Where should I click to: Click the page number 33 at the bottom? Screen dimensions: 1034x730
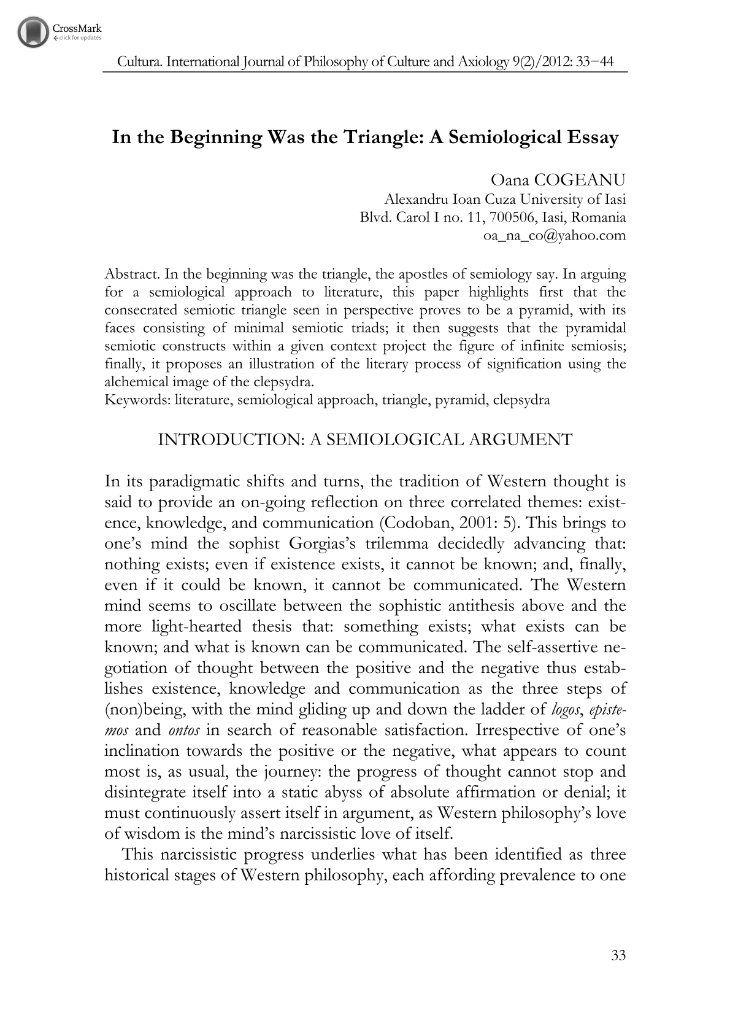(618, 955)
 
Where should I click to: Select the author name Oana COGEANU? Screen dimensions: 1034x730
(558, 180)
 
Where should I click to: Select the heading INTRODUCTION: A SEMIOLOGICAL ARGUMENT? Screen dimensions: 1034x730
(364, 440)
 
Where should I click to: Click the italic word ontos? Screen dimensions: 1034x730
(184, 731)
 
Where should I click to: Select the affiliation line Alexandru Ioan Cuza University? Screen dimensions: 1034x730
(504, 199)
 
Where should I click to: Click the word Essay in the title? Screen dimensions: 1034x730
(594, 137)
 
